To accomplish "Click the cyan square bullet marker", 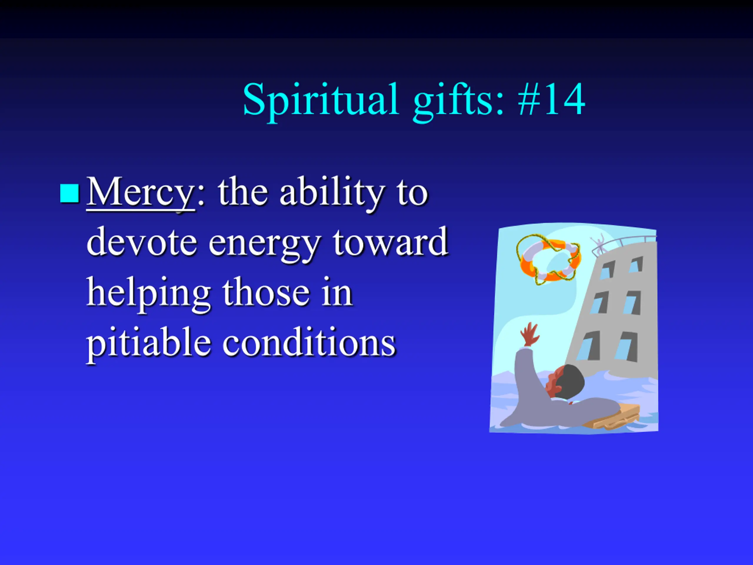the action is pos(69,193).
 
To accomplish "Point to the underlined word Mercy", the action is pos(141,193).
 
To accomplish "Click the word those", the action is pos(266,292).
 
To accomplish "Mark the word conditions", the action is pos(309,341).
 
